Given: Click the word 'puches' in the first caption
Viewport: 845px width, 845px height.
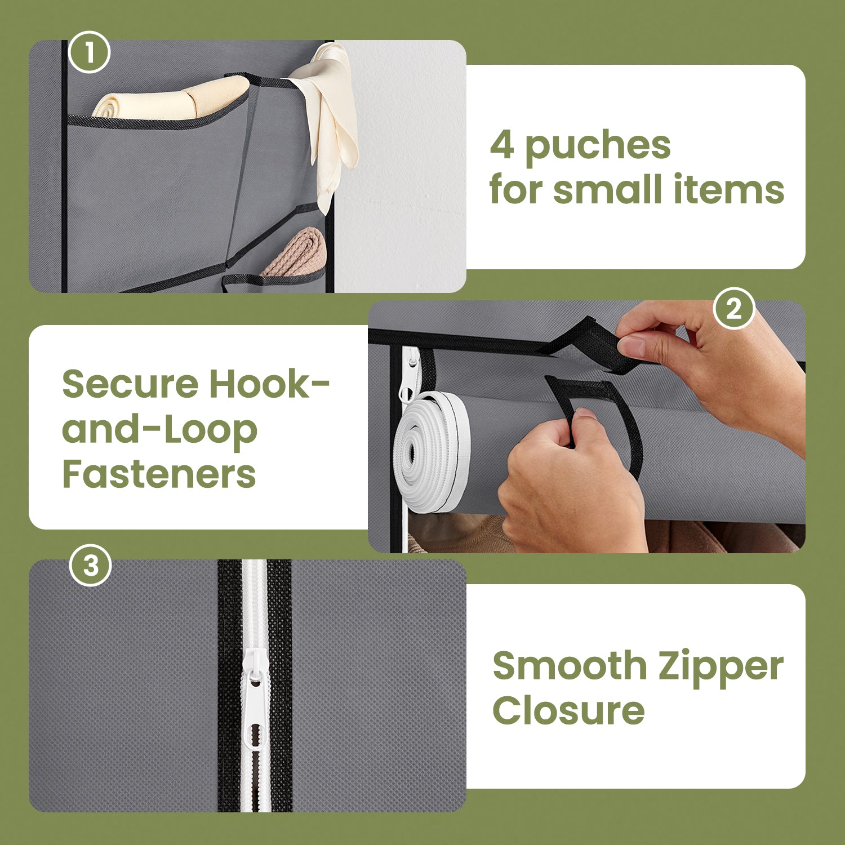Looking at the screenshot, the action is click(598, 146).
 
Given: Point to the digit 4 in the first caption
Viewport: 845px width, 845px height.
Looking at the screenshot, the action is click(501, 145).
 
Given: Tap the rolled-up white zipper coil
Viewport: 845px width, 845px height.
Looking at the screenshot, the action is click(433, 452).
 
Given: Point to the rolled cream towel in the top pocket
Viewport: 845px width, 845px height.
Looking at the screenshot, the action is click(171, 99).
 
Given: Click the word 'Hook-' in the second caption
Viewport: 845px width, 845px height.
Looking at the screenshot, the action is click(269, 384).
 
